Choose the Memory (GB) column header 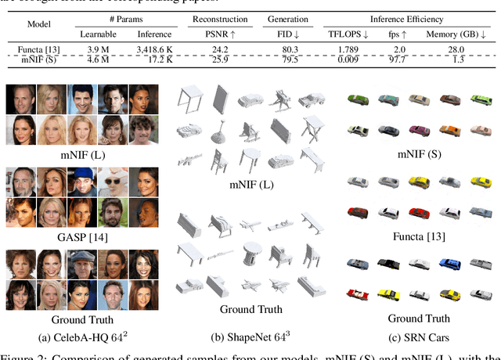click(x=459, y=34)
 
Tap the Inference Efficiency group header click(x=407, y=18)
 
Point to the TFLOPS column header click(x=347, y=34)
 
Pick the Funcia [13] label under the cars click(x=419, y=238)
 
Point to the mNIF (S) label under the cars click(x=419, y=154)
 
